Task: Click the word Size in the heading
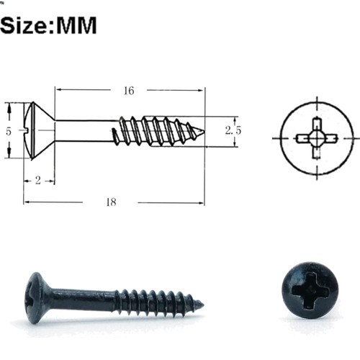23,25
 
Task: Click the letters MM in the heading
76,25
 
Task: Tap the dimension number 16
129,91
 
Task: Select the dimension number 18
112,202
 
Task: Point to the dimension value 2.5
233,130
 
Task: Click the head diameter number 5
9,132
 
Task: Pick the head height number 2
38,181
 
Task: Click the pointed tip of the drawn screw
204,131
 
